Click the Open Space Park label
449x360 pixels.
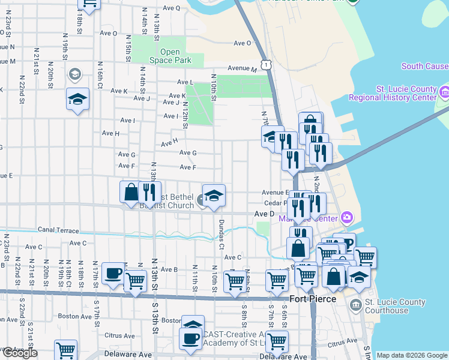point(170,56)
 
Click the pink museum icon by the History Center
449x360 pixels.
point(444,92)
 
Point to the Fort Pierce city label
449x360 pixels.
point(307,299)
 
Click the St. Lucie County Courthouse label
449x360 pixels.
point(395,306)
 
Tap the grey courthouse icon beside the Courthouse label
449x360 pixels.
point(357,305)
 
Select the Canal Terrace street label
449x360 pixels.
point(58,230)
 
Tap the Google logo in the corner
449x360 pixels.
point(19,353)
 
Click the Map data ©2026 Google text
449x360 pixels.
point(411,355)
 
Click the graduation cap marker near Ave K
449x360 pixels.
point(77,100)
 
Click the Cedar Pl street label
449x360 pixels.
point(274,202)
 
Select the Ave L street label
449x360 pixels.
point(185,82)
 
